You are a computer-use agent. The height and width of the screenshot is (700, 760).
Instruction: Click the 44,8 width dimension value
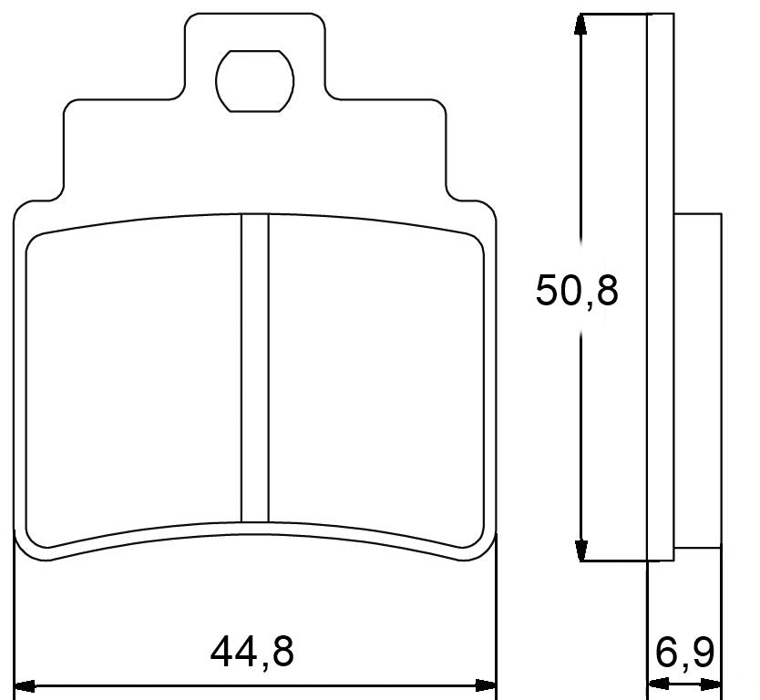pyautogui.click(x=252, y=653)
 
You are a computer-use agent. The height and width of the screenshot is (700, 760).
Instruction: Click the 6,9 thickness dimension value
pyautogui.click(x=684, y=653)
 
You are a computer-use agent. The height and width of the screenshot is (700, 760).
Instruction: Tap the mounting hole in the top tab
pyautogui.click(x=254, y=80)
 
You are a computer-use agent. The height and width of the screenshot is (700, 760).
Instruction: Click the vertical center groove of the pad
pyautogui.click(x=254, y=365)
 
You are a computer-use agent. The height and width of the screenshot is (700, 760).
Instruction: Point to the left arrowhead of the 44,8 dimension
pyautogui.click(x=26, y=685)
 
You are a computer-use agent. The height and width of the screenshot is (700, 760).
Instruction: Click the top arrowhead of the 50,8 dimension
pyautogui.click(x=580, y=25)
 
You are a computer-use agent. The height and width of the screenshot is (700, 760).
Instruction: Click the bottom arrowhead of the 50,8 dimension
pyautogui.click(x=580, y=551)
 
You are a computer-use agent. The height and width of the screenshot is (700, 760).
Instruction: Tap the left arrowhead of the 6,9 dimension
pyautogui.click(x=655, y=685)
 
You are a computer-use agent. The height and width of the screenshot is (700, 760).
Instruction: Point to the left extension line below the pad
pyautogui.click(x=17, y=620)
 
